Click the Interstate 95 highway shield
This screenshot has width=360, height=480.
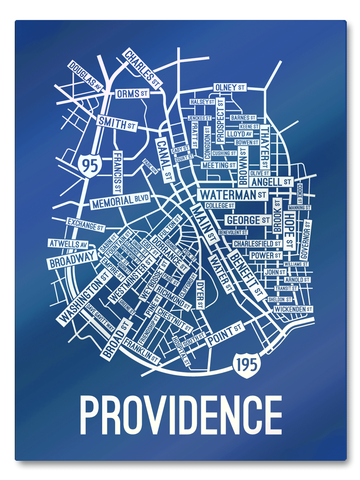point(90,164)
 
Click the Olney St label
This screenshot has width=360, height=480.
point(230,87)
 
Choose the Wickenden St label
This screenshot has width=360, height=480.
point(293,309)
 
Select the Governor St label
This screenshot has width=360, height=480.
point(306,240)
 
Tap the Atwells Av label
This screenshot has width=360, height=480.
point(68,244)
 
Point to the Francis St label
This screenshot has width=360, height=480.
point(117,172)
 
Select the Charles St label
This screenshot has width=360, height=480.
point(142,68)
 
